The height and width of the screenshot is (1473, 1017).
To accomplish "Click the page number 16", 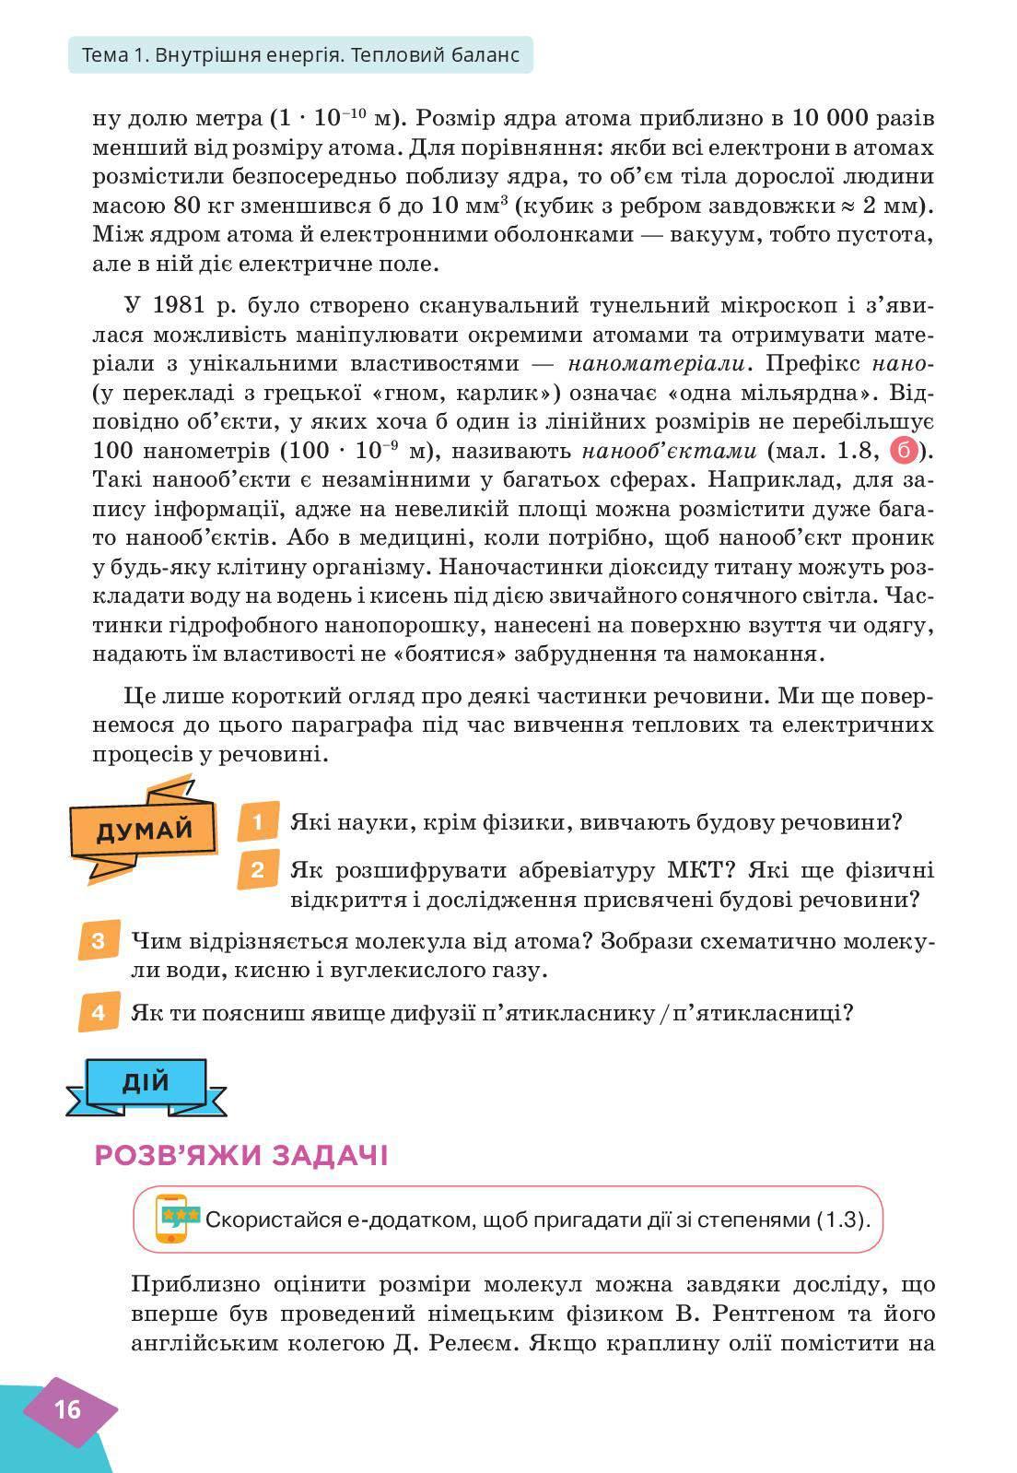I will [68, 1409].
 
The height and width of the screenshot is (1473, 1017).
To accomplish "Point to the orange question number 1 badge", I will [257, 821].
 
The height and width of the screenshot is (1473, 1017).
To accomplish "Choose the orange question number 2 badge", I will [257, 870].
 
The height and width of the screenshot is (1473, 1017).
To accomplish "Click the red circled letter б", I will [905, 452].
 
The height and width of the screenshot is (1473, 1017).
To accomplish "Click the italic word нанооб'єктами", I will [669, 452].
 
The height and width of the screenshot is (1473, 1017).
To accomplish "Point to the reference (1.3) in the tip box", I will [841, 1220].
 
